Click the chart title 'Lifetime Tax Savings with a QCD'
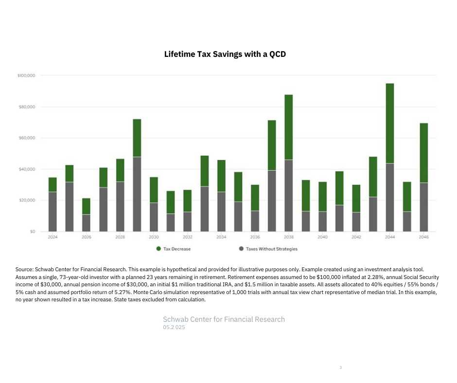coord(225,54)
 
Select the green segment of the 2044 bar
coord(389,123)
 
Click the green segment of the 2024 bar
coord(53,185)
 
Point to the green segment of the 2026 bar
coord(86,206)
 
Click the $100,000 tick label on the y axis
coord(27,76)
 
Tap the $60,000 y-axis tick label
coord(28,138)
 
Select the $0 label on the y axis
coord(33,231)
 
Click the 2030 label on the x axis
coord(154,237)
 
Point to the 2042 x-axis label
coord(356,237)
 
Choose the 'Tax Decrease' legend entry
coord(177,249)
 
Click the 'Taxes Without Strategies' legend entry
coord(271,249)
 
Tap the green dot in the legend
coord(158,249)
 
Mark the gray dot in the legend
coord(241,249)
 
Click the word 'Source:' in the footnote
coord(24,269)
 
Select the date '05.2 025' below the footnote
coord(174,327)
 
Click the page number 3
coord(340,367)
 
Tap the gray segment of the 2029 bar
coord(137,194)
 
